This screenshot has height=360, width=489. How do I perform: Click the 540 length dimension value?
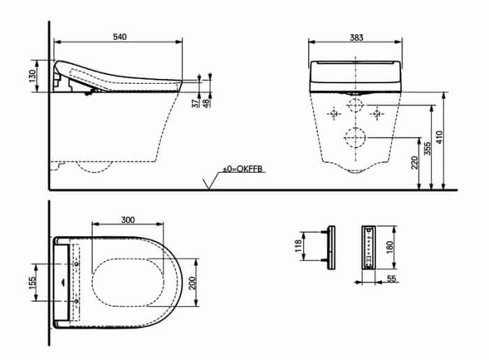point(119,37)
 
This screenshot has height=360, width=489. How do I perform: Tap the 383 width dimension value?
point(356,38)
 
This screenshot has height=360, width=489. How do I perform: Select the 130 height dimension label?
point(32,76)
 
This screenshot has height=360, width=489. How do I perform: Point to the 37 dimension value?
point(196,103)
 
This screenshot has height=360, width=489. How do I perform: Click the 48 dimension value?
point(206,103)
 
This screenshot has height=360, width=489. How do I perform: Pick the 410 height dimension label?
point(439,137)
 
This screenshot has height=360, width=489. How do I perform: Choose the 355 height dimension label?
point(428,148)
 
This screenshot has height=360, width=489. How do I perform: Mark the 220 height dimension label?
point(414,163)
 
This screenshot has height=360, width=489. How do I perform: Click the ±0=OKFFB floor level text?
point(242,169)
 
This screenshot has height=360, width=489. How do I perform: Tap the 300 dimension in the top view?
point(128,220)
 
